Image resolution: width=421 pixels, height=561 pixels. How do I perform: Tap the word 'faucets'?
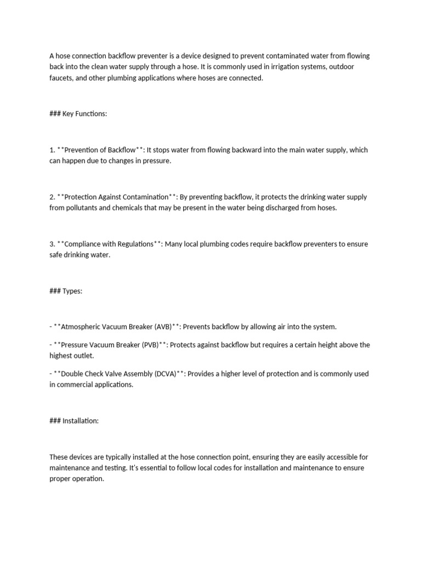[x=61, y=78]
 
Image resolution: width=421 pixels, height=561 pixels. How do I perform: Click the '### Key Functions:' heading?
[x=78, y=113]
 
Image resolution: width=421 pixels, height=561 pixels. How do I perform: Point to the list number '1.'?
[x=52, y=150]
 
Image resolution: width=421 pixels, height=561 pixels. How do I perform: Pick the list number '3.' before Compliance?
[x=52, y=244]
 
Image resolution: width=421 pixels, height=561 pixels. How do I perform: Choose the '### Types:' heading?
[x=66, y=291]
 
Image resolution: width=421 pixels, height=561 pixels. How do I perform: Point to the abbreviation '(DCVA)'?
[x=166, y=374]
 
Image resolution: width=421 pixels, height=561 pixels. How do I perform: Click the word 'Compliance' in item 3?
[x=80, y=244]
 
